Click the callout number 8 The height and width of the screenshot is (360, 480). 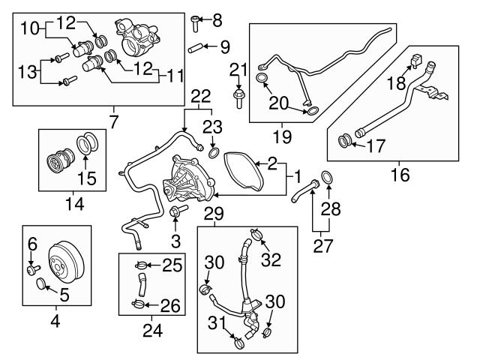point(217,19)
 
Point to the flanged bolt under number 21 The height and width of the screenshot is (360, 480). point(238,97)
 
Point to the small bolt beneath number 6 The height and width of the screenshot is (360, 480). point(31,268)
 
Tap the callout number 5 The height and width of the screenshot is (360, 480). point(64,296)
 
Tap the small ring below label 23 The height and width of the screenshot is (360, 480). point(213,154)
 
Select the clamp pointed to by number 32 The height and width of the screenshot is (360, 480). point(256,235)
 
